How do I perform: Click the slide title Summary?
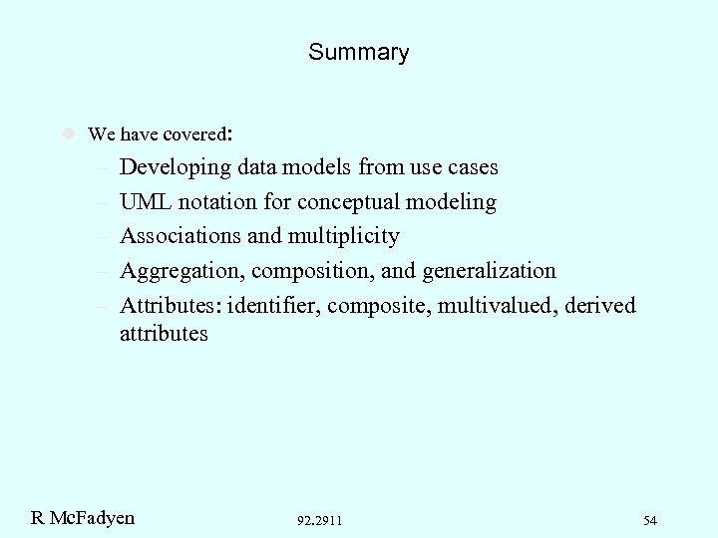(x=358, y=52)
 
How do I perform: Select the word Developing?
(x=177, y=167)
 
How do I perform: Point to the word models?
(x=325, y=167)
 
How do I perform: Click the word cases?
(x=470, y=167)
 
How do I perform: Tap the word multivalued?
(x=494, y=304)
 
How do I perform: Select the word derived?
(x=599, y=304)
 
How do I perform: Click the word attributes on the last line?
(x=164, y=334)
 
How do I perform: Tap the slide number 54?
(x=650, y=520)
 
